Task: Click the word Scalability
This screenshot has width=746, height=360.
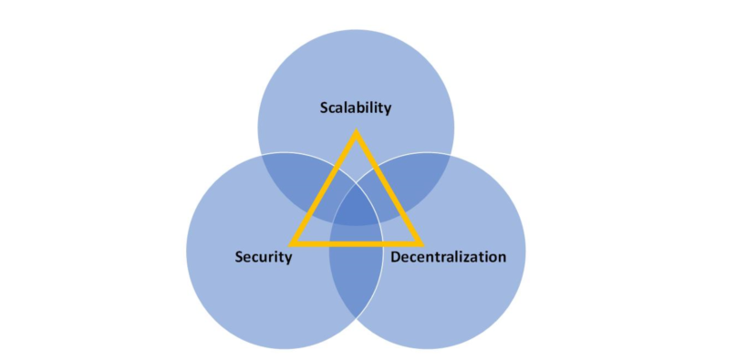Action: click(355, 108)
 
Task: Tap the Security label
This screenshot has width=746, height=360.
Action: click(264, 257)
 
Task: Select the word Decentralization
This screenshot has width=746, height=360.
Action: click(448, 257)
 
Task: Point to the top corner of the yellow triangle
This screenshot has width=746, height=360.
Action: click(356, 134)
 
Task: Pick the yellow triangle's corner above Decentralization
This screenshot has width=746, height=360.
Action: click(420, 243)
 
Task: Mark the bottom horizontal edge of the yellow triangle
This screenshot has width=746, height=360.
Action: click(356, 243)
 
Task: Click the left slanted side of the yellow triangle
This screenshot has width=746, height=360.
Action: click(324, 189)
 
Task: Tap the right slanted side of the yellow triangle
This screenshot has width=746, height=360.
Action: click(389, 189)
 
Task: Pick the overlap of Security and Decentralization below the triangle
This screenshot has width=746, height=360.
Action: click(355, 278)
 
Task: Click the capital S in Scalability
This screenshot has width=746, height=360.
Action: click(324, 108)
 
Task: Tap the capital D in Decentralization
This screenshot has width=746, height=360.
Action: click(396, 257)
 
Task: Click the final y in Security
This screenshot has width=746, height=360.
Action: click(288, 259)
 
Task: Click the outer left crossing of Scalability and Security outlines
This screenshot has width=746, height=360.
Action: click(262, 155)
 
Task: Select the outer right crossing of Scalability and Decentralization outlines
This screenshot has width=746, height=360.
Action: click(450, 155)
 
